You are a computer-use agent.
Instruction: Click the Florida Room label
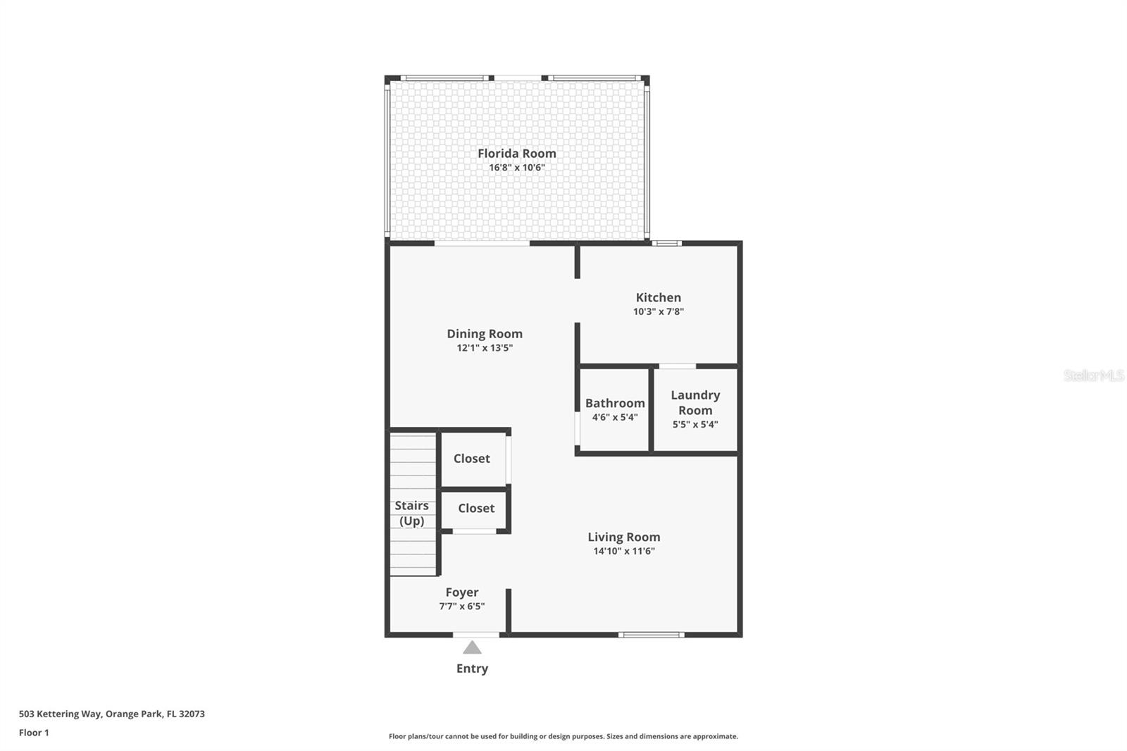point(516,153)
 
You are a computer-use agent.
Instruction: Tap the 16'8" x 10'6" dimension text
point(516,168)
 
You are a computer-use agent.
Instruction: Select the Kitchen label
point(658,297)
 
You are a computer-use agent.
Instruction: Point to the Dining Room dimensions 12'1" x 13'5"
point(485,348)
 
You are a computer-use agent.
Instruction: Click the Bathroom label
point(614,403)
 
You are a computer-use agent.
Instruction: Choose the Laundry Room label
point(695,402)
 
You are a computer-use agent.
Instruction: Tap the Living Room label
point(623,537)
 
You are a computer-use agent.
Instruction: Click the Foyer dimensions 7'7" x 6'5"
point(461,607)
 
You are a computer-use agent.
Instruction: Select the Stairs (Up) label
point(411,513)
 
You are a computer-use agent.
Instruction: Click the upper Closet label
point(471,459)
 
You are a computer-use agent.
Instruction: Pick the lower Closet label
point(475,508)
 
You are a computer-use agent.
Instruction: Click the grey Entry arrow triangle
point(472,647)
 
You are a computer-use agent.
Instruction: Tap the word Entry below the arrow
point(472,669)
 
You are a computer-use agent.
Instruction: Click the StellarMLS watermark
point(1093,375)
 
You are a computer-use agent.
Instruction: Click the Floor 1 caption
point(34,733)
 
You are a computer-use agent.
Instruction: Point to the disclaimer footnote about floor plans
point(563,736)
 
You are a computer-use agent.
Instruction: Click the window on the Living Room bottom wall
point(651,635)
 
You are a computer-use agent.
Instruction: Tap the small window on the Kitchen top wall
point(666,243)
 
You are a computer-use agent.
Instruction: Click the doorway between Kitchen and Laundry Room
point(677,366)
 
